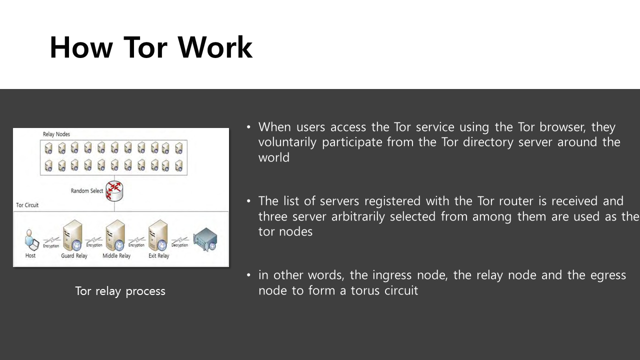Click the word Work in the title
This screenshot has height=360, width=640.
(x=215, y=48)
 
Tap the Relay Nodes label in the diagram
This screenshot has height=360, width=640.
(x=56, y=134)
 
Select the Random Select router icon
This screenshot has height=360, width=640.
(x=114, y=190)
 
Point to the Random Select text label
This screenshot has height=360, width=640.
(x=87, y=191)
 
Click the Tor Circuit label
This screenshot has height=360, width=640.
(x=27, y=205)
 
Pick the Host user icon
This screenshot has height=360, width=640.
(x=31, y=240)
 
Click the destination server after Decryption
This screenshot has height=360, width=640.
(x=205, y=239)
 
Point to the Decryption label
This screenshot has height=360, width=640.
(x=179, y=245)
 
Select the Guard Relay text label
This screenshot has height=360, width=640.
(x=74, y=256)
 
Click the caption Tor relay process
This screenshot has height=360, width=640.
(x=120, y=291)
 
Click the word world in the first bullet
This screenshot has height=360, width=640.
(x=273, y=157)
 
